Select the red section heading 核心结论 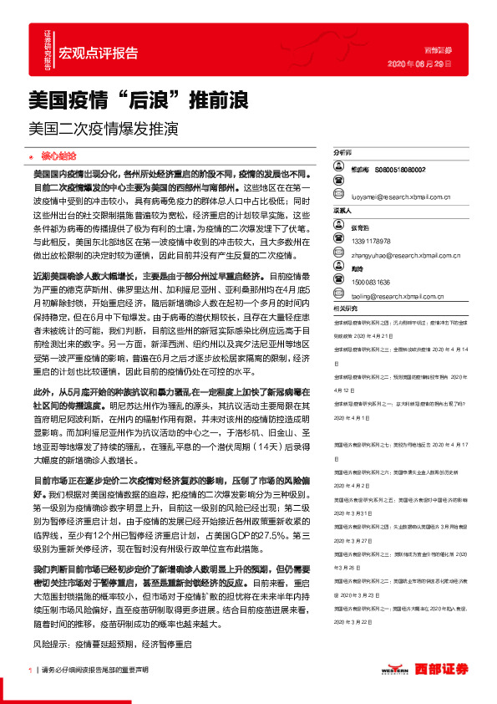[58, 156]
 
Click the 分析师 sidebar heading [342, 154]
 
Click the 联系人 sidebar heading [342, 211]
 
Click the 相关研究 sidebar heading [345, 308]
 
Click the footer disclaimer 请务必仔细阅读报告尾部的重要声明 [94, 670]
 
